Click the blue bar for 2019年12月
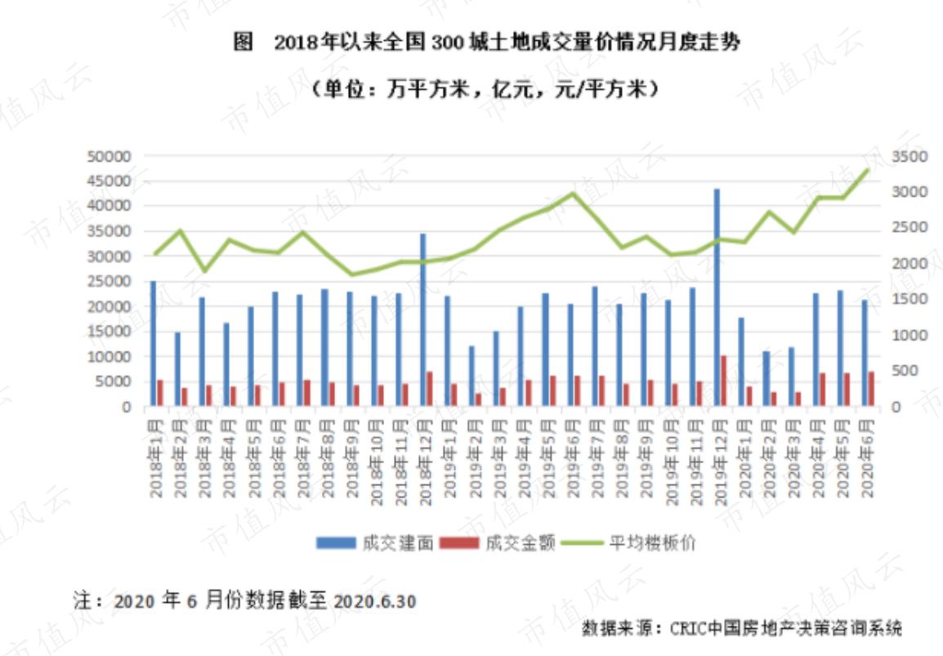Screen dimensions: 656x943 (717, 297)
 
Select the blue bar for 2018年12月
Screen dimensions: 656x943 (422, 319)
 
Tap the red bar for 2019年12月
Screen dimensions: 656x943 (724, 381)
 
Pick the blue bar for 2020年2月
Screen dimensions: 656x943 (766, 378)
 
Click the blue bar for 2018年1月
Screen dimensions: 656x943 (153, 343)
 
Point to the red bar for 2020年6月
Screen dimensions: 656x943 (871, 389)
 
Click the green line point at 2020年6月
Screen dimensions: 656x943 (867, 170)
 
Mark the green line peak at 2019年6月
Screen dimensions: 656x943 (573, 194)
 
